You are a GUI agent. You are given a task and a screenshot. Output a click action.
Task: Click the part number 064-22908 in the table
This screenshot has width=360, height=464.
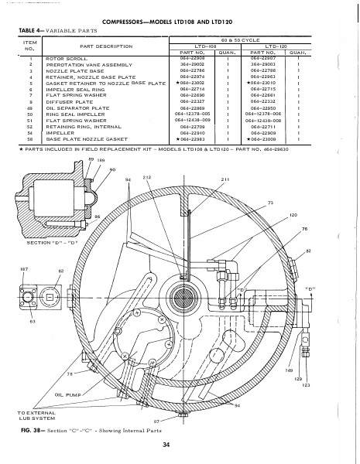coord(190,57)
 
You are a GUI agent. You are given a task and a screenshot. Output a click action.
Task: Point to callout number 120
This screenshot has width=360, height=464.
coord(293,214)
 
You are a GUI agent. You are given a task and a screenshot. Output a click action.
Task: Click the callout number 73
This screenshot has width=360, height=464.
coord(270,202)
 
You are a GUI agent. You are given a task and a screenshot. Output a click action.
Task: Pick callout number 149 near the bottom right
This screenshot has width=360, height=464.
coord(290,370)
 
